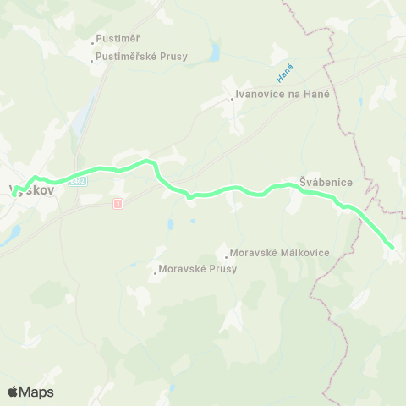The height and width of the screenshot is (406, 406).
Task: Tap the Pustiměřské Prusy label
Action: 143,58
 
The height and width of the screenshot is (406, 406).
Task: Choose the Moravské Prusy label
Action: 197,269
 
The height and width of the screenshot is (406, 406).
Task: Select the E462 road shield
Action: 79,180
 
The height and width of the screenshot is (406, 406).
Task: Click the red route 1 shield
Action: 117,202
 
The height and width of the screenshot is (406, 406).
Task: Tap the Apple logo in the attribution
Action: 13,392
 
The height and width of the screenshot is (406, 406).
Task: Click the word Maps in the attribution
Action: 36,392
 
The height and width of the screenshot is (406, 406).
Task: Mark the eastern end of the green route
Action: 392,246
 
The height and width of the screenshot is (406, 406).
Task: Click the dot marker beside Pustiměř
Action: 93,41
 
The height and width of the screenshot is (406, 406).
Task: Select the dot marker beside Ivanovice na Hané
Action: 233,97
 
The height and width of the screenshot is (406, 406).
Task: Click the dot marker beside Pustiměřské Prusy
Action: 93,58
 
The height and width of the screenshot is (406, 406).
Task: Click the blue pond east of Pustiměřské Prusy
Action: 215,54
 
